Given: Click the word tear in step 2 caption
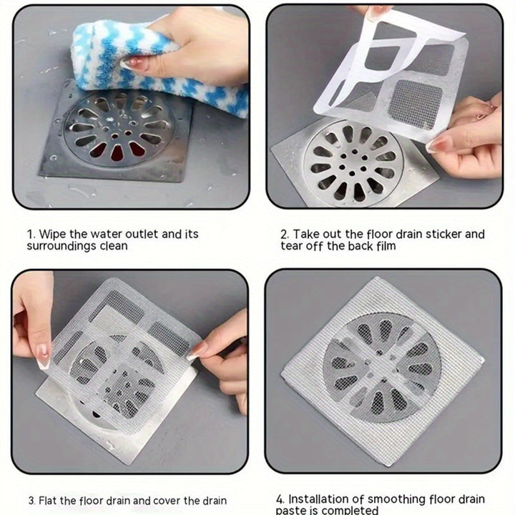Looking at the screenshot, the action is click(x=291, y=246).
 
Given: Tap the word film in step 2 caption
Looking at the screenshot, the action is click(x=386, y=245).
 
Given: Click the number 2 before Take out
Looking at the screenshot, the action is click(x=285, y=235).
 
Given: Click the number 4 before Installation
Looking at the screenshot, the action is click(x=280, y=499).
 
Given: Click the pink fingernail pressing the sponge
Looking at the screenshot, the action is click(x=132, y=62).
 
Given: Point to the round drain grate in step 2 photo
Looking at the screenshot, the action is click(x=354, y=163).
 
